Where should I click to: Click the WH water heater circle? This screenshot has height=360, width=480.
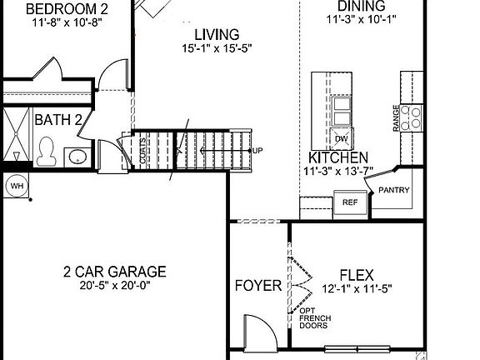(16, 186)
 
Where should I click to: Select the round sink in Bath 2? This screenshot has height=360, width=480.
(77, 157)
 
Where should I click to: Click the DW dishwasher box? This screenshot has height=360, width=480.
(342, 138)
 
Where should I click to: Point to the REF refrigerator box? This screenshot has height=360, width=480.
(348, 202)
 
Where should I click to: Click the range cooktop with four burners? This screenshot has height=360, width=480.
(411, 117)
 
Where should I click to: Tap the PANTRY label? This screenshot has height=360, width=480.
(394, 190)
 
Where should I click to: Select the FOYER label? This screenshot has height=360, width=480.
(257, 286)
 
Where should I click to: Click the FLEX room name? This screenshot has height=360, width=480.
(356, 275)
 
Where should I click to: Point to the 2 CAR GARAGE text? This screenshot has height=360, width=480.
(114, 272)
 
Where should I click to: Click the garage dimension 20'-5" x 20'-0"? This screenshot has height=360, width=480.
(114, 285)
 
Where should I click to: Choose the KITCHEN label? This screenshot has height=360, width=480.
(338, 157)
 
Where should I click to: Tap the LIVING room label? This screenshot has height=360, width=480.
(217, 35)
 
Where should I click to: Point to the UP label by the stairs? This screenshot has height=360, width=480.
(257, 151)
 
